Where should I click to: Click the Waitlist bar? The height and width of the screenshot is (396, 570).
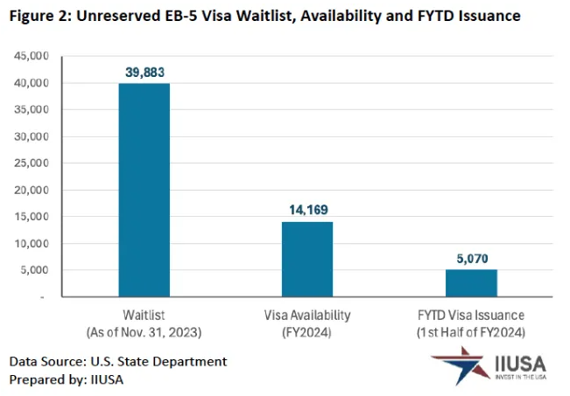[x=144, y=190]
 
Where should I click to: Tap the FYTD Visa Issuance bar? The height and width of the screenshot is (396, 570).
[x=471, y=283]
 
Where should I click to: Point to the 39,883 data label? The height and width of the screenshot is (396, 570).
[x=144, y=71]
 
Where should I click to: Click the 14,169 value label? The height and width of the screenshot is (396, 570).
[x=307, y=209]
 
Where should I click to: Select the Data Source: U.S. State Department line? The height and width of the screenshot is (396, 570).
[x=118, y=361]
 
